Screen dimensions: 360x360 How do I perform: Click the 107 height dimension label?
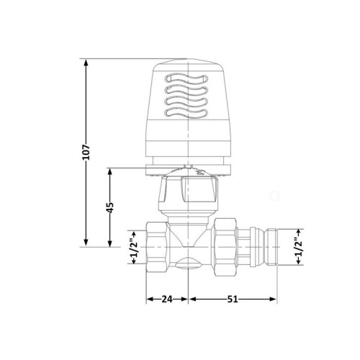(86, 152)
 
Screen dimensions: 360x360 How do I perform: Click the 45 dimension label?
(110, 208)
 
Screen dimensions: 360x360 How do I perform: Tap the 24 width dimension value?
(167, 299)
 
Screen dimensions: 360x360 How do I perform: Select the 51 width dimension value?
(233, 299)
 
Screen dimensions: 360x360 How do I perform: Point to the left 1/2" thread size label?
(134, 248)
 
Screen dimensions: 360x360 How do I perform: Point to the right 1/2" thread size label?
(299, 247)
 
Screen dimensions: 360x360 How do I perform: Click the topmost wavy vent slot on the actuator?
(186, 78)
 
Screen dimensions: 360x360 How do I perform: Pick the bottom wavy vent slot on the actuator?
(186, 113)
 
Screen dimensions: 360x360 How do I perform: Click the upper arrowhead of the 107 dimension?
(86, 63)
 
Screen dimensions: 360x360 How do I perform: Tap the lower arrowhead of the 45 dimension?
(110, 243)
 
